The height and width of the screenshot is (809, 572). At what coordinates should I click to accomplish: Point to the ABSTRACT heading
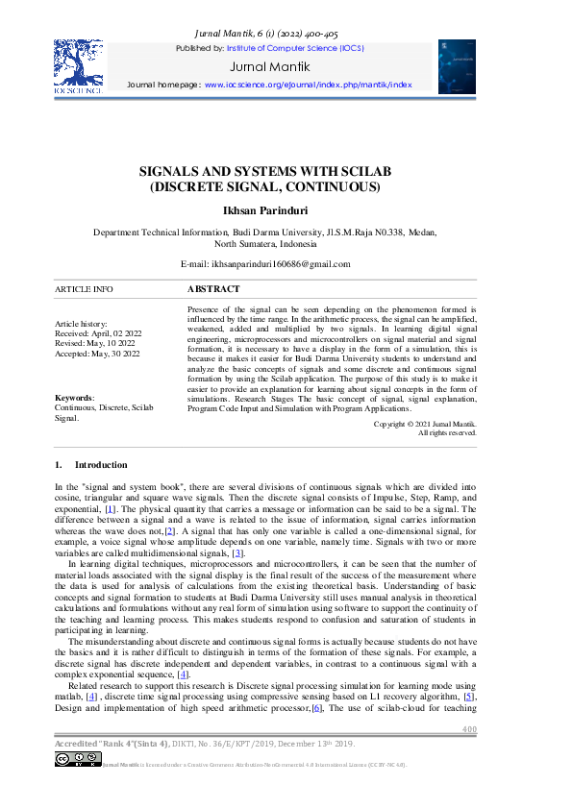coord(213,288)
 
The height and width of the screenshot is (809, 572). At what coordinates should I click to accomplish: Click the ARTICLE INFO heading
coord(84,288)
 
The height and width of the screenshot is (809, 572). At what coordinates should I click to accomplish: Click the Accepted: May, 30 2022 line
coord(97,354)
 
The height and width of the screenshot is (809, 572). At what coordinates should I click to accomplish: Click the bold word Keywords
coord(74,397)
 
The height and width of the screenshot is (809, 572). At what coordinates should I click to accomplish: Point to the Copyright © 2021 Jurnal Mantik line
coord(424,424)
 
